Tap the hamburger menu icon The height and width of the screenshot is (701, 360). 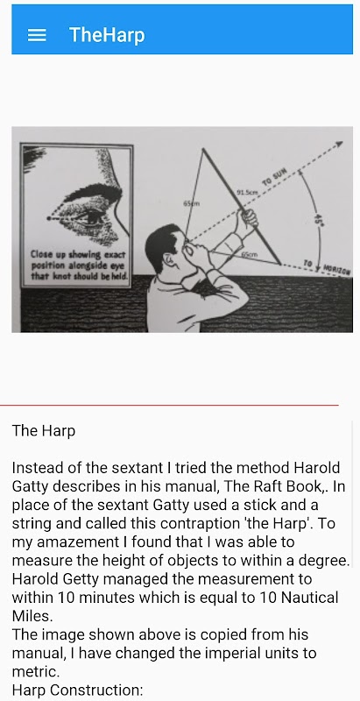point(37,35)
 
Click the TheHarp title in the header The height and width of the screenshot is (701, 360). point(107,35)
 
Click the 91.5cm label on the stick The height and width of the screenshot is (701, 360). point(246,192)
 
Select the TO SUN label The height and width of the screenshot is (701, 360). point(274,177)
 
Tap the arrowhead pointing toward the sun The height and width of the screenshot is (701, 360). point(339,145)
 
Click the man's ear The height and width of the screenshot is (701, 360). point(169,258)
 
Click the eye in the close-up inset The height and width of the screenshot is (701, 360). point(90,217)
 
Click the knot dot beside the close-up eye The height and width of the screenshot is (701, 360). point(49,218)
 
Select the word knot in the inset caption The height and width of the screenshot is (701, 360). point(58,276)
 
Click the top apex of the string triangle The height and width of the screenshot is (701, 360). point(202,149)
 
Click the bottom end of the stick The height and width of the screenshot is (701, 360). point(280,264)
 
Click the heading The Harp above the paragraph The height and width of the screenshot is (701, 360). point(44,430)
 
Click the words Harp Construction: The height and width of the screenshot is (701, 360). point(78,690)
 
